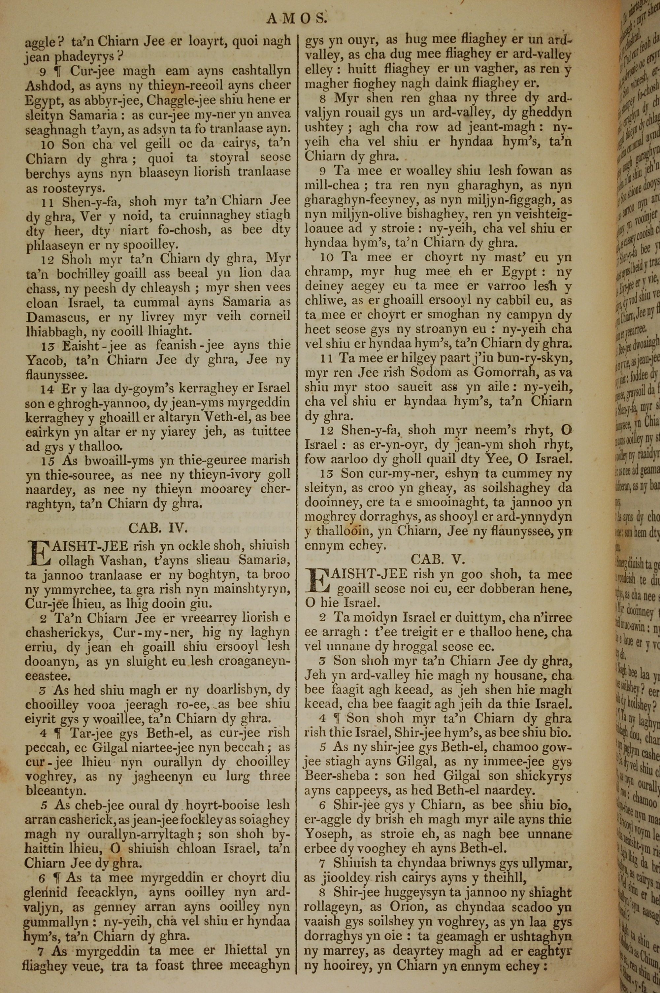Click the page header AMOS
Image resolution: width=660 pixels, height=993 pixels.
point(296,18)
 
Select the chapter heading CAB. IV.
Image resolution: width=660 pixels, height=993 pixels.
point(158,528)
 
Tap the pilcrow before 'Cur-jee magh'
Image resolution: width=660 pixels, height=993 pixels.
point(61,71)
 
